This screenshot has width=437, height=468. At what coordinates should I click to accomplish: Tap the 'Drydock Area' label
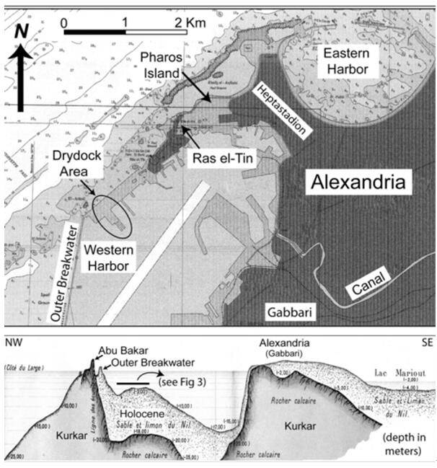pyautogui.click(x=69, y=167)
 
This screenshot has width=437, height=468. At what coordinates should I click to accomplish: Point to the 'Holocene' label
pyautogui.click(x=144, y=413)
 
